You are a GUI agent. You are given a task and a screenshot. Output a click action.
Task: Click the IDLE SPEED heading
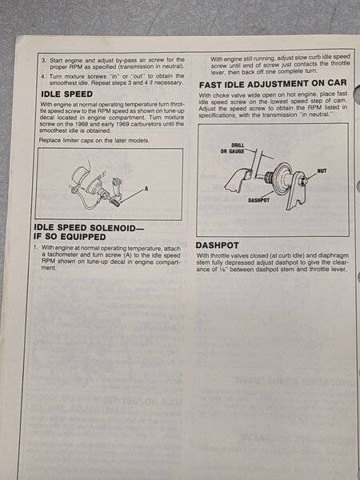[x=66, y=94]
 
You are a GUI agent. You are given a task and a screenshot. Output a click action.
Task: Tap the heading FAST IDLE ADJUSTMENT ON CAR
[x=273, y=83]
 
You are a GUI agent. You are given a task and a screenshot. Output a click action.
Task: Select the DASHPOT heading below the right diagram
[x=217, y=246]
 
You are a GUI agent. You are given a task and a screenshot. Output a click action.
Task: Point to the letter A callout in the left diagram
[x=146, y=189]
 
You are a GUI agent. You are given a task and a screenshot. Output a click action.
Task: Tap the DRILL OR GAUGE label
[x=233, y=148]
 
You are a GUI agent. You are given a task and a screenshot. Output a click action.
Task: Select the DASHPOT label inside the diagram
[x=257, y=200]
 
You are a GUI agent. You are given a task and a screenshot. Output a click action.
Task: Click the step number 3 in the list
[x=44, y=61]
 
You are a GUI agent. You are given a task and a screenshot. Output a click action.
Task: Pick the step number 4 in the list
[x=44, y=76]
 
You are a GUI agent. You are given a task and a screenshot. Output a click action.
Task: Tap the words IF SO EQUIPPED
[x=70, y=237]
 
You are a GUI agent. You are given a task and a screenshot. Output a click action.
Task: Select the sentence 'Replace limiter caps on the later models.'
[x=94, y=141]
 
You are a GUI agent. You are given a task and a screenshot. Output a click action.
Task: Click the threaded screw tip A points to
[x=116, y=202]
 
